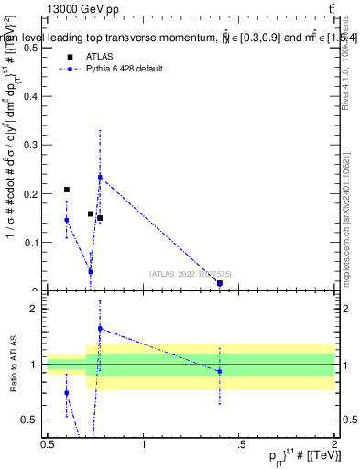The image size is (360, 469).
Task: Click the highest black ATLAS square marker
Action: (x=67, y=190)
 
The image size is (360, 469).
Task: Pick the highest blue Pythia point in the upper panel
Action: (x=100, y=177)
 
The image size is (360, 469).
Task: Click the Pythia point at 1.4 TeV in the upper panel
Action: (x=220, y=284)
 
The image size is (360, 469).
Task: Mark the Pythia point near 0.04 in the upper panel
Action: (x=90, y=271)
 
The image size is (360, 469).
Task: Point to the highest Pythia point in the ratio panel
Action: (x=100, y=328)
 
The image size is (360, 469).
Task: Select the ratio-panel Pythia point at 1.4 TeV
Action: (x=220, y=371)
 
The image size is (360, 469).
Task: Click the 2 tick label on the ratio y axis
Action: (x=35, y=310)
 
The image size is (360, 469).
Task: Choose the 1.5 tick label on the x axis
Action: (x=239, y=445)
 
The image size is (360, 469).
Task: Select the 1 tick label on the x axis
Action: (x=144, y=445)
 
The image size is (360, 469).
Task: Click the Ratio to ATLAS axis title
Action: (x=12, y=365)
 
